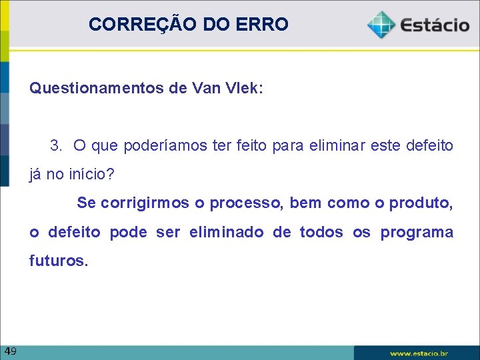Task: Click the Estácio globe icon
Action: coord(381,25)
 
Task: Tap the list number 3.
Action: coord(57,145)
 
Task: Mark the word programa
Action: coord(417,233)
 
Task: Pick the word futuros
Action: coord(58,261)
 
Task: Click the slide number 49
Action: coord(10,351)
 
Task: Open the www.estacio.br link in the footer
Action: coord(419,353)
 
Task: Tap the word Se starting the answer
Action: coord(86,203)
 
